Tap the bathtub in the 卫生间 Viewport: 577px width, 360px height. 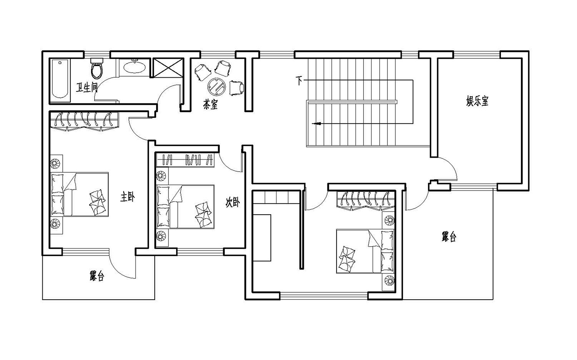coord(60,79)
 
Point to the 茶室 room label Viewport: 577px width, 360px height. coord(210,104)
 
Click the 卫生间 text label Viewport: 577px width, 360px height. coord(86,88)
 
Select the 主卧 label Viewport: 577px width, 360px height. coord(127,197)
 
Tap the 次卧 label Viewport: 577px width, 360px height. coord(232,202)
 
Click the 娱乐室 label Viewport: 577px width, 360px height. coord(477,102)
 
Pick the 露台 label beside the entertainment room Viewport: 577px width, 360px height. coord(449,237)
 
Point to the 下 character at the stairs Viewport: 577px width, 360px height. coord(299,80)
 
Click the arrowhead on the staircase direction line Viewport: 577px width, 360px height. coord(317,123)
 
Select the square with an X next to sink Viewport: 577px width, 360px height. coord(168,68)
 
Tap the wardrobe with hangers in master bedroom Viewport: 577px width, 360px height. coord(84,121)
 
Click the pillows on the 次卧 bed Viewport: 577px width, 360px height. coord(203,214)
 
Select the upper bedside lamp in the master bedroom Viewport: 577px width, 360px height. coord(56,162)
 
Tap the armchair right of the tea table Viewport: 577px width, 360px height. coord(237,87)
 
